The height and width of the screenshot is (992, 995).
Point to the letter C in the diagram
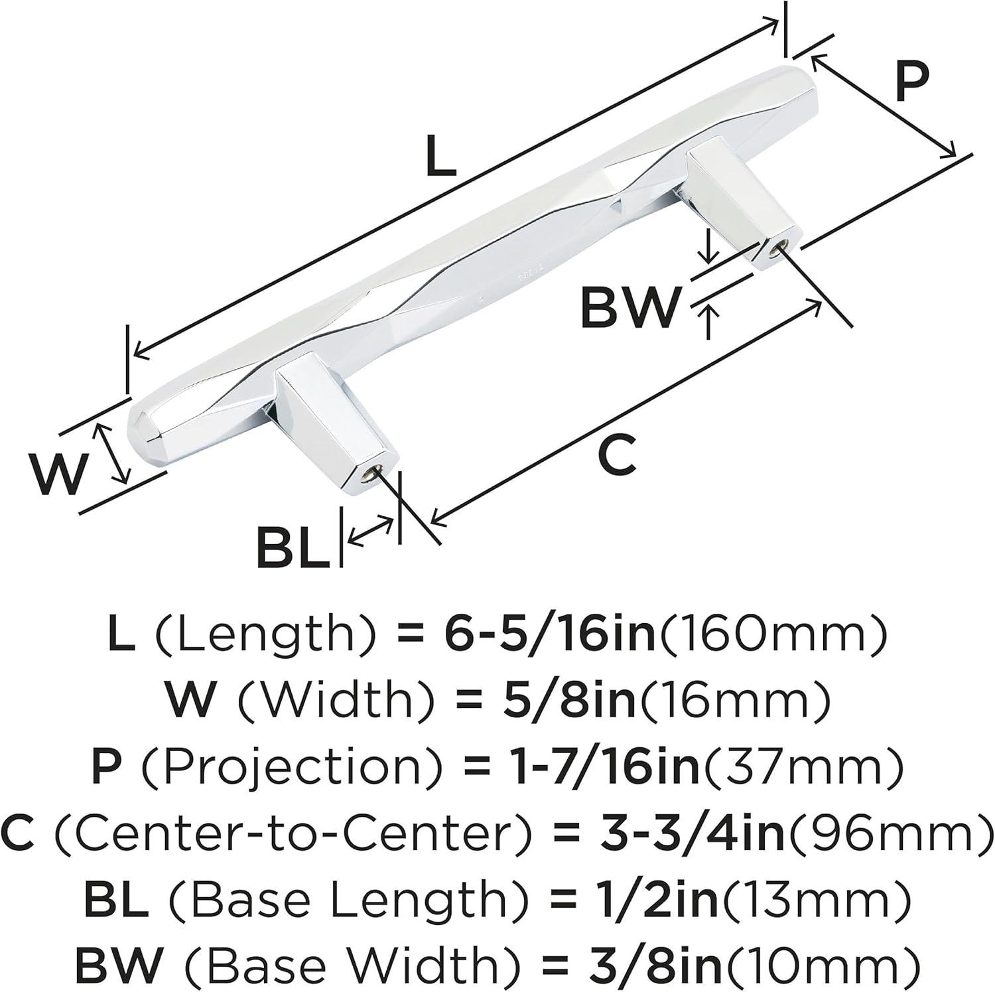coord(616,455)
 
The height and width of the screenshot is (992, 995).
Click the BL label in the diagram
coord(294,547)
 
